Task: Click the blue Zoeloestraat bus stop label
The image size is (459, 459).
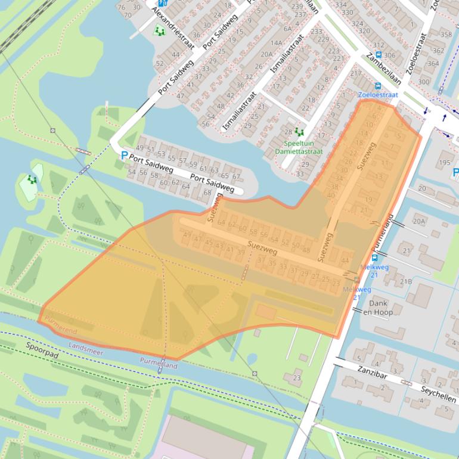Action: (377, 95)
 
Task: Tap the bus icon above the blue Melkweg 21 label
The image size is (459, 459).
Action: (375, 258)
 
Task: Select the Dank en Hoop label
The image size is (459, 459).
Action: (378, 308)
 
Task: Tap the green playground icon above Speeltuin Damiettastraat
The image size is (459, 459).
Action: (299, 132)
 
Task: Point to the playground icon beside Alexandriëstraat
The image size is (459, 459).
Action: (159, 30)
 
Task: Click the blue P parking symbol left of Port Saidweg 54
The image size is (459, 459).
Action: (124, 156)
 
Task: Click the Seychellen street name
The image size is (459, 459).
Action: (438, 393)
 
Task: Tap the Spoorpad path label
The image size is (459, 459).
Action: (42, 351)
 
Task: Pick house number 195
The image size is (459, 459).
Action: (445, 162)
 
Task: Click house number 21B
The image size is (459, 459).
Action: (406, 281)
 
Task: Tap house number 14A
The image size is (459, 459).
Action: (277, 43)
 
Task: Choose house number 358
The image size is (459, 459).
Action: (446, 35)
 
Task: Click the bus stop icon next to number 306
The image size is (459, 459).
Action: (377, 55)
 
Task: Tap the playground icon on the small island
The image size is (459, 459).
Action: (32, 179)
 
